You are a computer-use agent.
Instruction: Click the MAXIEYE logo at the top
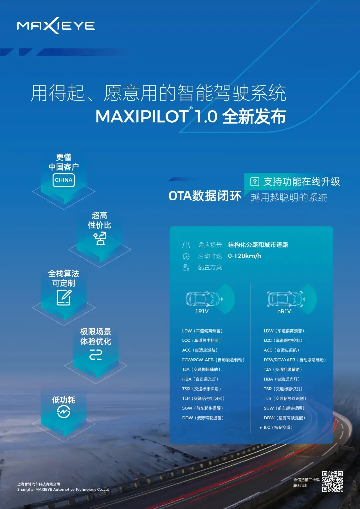point(56,26)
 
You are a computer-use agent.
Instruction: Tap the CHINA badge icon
point(63,180)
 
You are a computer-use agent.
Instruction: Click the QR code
point(332,481)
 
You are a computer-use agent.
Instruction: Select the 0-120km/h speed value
point(244,256)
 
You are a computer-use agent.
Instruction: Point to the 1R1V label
point(202,311)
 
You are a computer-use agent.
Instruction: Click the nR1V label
point(284,311)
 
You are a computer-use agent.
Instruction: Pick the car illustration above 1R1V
point(204,299)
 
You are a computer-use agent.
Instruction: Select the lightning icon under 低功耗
point(63,412)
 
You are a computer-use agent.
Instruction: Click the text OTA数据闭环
point(205,196)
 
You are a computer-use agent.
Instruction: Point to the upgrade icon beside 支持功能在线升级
point(255,182)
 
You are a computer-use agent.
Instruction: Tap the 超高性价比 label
point(99,220)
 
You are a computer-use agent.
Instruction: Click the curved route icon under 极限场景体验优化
point(96,355)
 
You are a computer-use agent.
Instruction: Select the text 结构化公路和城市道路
point(258,245)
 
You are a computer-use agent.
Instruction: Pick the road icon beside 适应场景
point(186,245)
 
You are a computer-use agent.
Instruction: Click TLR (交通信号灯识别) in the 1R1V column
point(203,398)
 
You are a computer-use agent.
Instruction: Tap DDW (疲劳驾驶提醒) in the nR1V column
point(284,418)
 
